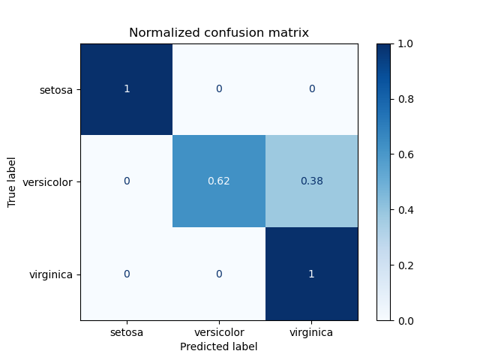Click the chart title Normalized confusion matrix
pos(219,33)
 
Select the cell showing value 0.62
pos(219,181)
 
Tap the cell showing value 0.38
pos(311,181)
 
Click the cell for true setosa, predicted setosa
pos(127,89)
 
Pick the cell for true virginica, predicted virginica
pos(311,274)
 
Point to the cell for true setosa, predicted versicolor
pos(219,89)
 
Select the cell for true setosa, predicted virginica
pos(311,89)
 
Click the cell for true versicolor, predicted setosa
pos(127,181)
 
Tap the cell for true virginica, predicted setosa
pos(127,274)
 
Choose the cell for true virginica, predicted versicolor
pos(219,274)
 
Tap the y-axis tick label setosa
pos(57,90)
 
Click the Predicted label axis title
pos(219,346)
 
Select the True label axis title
pos(12,181)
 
